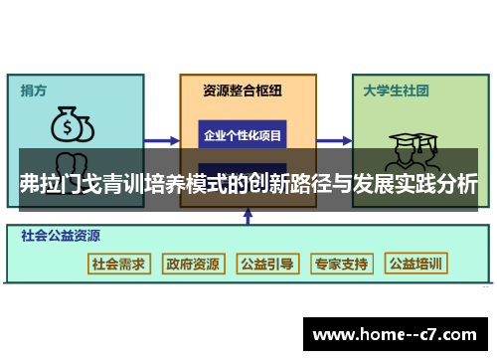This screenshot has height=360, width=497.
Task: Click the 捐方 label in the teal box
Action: [x=34, y=90]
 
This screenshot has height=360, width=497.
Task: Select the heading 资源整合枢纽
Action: [x=243, y=90]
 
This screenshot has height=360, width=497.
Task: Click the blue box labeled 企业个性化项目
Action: [x=243, y=134]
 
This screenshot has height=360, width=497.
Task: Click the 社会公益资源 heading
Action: [x=60, y=238]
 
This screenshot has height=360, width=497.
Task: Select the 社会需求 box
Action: [x=118, y=264]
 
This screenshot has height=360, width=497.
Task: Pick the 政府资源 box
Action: [x=193, y=264]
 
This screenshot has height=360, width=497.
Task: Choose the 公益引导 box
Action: [x=266, y=264]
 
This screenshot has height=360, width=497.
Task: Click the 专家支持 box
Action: [x=341, y=264]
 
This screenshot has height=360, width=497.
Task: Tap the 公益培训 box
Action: [x=416, y=264]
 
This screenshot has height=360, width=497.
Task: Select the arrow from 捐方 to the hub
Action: [x=160, y=141]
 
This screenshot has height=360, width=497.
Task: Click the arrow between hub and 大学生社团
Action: [x=335, y=141]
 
